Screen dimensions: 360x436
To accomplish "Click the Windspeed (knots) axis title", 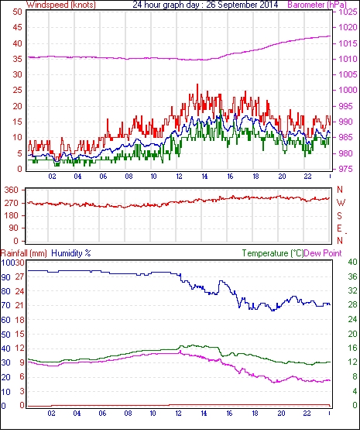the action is pyautogui.click(x=61, y=5).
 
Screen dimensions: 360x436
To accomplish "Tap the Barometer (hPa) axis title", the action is pyautogui.click(x=317, y=5).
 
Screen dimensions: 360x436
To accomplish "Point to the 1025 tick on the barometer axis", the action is pyautogui.click(x=348, y=12).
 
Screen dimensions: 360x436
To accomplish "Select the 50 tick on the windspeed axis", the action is pyautogui.click(x=17, y=12).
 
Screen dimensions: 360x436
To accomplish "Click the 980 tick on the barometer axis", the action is pyautogui.click(x=345, y=153).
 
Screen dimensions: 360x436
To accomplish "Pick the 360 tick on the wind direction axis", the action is pyautogui.click(x=11, y=191).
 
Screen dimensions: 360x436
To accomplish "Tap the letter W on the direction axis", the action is pyautogui.click(x=341, y=203).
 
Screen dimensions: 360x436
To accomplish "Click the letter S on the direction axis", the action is pyautogui.click(x=339, y=215).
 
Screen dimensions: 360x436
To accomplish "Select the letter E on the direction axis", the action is pyautogui.click(x=339, y=228).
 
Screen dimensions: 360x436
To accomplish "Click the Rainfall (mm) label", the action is pyautogui.click(x=24, y=253).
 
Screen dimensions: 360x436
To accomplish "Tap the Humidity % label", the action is pyautogui.click(x=71, y=253).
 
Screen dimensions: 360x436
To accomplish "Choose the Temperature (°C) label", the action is pyautogui.click(x=273, y=253).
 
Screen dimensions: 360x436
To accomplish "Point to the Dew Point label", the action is pyautogui.click(x=323, y=253).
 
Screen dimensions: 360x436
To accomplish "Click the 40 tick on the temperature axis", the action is pyautogui.click(x=353, y=262).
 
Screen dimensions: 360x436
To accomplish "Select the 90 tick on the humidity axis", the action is pyautogui.click(x=6, y=277).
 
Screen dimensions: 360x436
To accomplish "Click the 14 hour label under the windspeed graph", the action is pyautogui.click(x=204, y=177).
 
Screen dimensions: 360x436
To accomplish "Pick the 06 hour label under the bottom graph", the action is pyautogui.click(x=102, y=414).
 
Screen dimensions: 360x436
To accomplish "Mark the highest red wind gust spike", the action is pyautogui.click(x=197, y=84).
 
